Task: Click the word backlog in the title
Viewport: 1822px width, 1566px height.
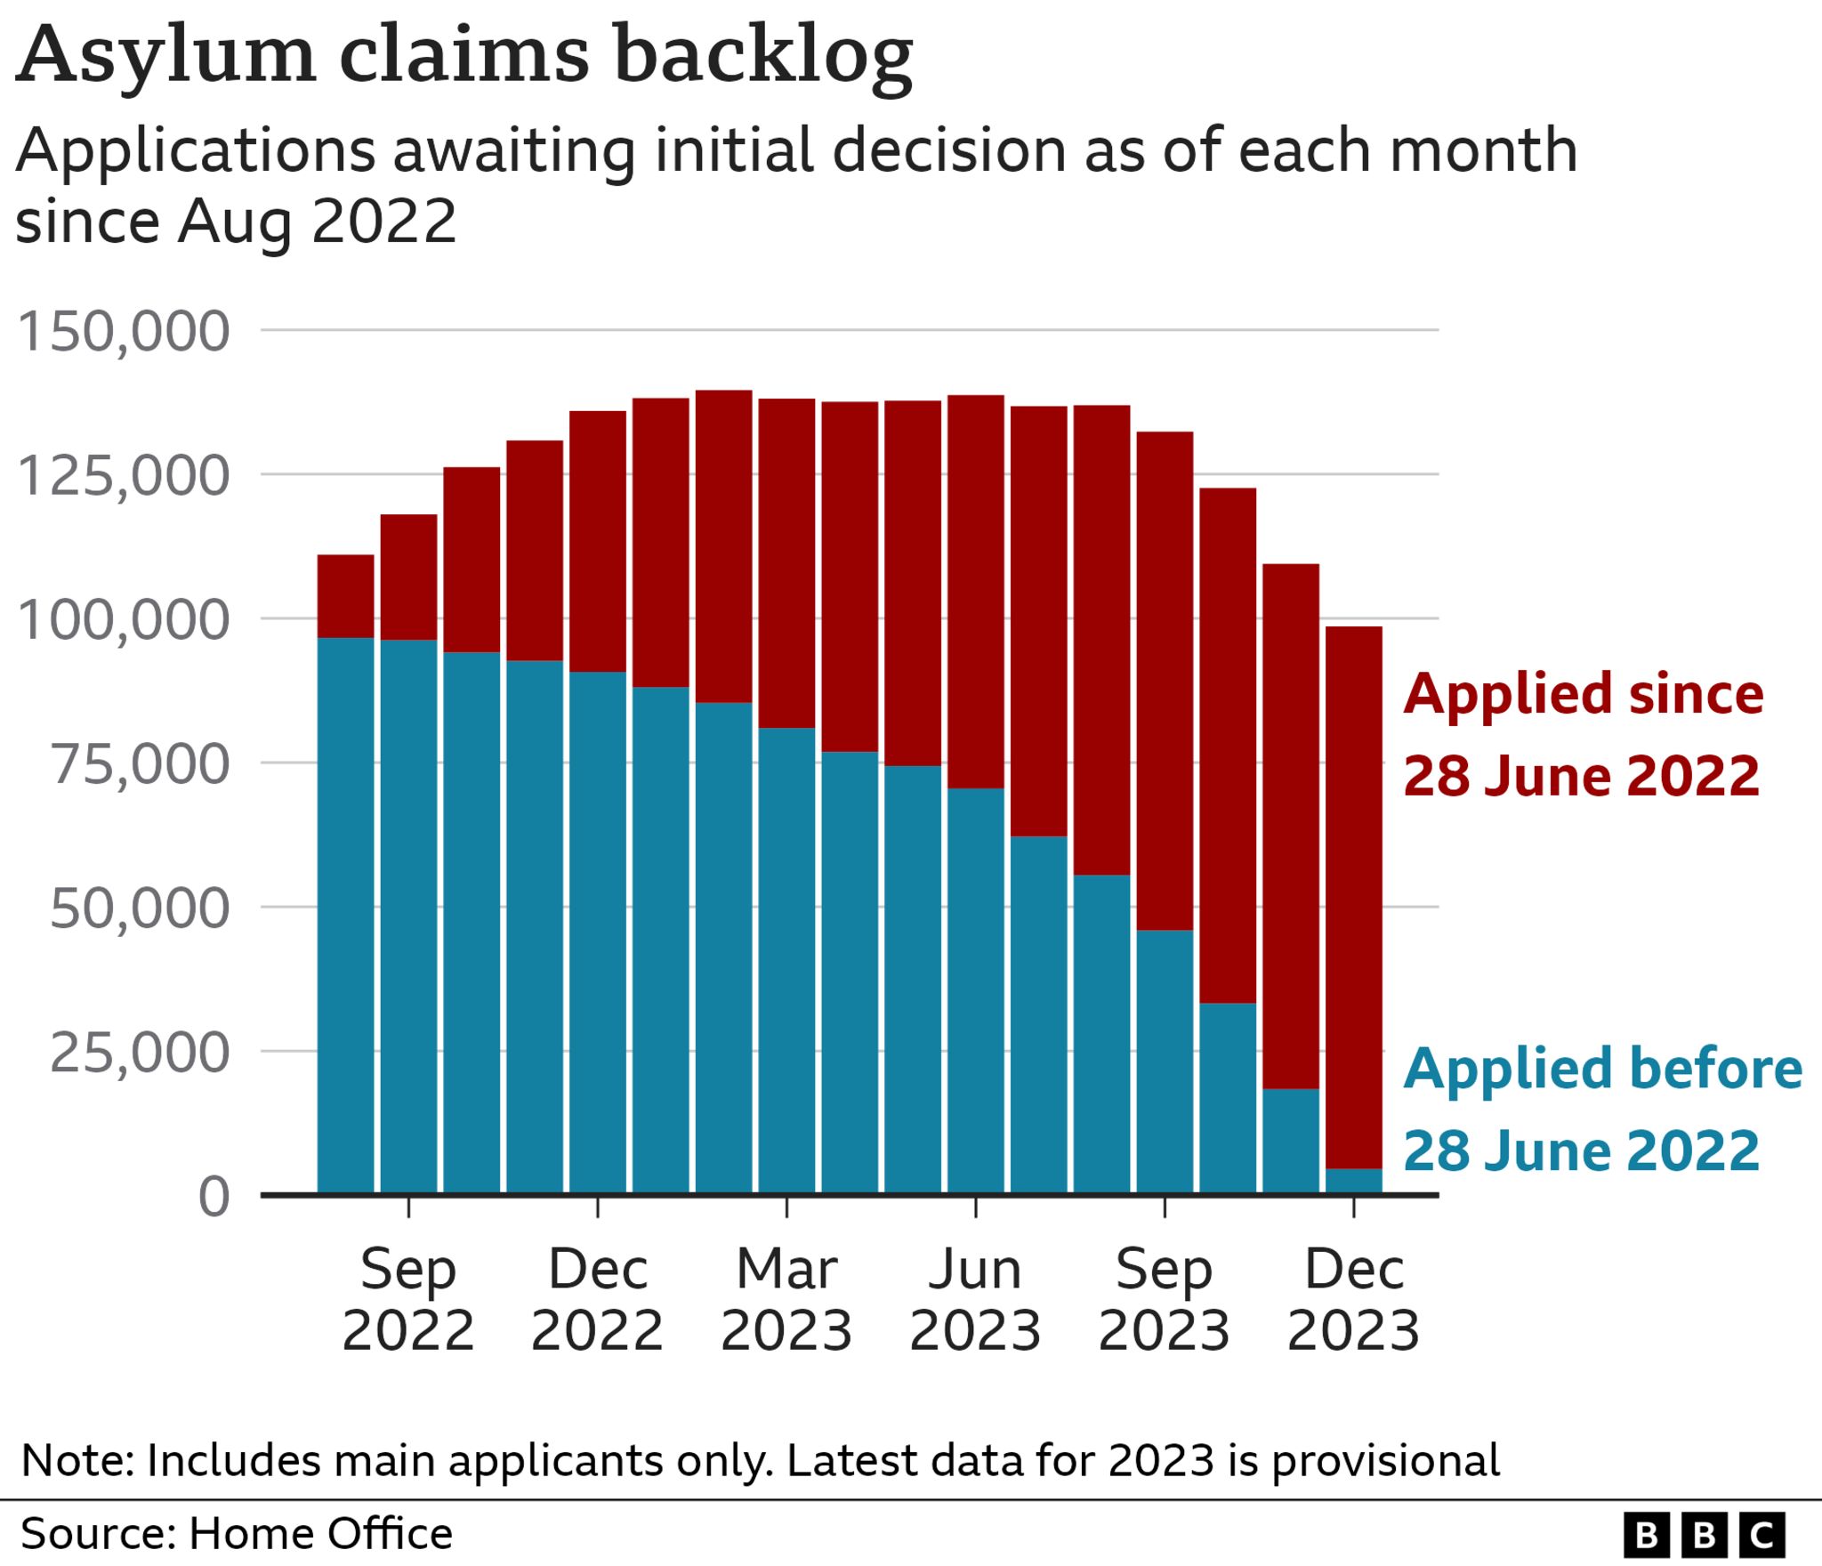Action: tap(762, 55)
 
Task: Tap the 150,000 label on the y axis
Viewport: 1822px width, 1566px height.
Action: tap(124, 331)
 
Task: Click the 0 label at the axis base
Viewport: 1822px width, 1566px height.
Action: tap(214, 1196)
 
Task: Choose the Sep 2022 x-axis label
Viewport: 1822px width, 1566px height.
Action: tap(408, 1299)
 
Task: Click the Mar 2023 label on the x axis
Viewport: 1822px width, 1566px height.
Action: tap(786, 1299)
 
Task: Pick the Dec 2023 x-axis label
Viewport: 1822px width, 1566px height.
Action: tap(1353, 1299)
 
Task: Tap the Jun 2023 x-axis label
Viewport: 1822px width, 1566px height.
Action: tap(975, 1299)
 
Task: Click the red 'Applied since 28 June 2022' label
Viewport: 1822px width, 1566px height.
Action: tap(1583, 734)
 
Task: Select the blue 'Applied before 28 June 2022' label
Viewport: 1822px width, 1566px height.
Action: tap(1601, 1109)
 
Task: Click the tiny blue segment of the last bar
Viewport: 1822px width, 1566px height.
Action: tap(1353, 1181)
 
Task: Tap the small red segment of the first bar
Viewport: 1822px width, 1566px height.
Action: tap(345, 596)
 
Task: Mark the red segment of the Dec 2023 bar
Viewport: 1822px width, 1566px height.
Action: tap(1353, 890)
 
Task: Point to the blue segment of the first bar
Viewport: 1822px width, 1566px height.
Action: tap(345, 916)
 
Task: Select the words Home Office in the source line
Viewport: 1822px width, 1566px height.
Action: tap(320, 1534)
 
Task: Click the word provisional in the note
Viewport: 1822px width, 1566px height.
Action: tap(1385, 1461)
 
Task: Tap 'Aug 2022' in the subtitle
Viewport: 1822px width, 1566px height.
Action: tap(317, 221)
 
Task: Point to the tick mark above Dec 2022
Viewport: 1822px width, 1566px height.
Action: tap(598, 1207)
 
